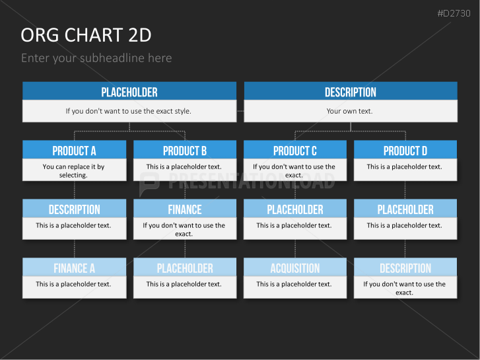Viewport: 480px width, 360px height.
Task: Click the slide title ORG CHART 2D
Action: tap(86, 35)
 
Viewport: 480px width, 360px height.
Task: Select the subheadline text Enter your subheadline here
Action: tap(96, 58)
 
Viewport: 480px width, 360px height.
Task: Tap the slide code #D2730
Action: tap(454, 13)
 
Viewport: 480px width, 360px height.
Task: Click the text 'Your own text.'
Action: tap(349, 111)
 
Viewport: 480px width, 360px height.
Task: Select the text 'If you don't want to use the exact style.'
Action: tap(128, 111)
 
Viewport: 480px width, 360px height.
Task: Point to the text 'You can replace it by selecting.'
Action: tap(73, 170)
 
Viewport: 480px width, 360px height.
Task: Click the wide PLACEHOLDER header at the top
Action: tap(129, 91)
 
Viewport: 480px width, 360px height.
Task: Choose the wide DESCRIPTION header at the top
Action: tap(351, 91)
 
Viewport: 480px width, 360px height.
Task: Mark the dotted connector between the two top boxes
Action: tap(240, 111)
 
